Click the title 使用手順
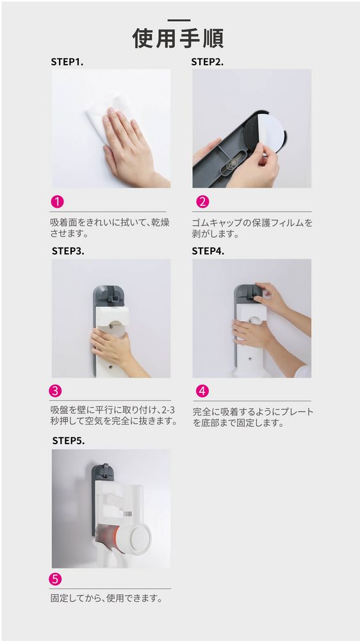point(178,38)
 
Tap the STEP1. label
point(67,62)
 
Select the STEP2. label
point(207,62)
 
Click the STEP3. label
point(68,251)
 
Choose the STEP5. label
point(68,441)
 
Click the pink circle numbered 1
point(58,202)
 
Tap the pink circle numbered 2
point(202,202)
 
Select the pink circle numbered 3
point(56,390)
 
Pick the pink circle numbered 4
point(202,391)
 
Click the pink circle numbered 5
point(56,579)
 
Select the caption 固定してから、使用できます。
point(106,599)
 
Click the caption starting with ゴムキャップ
point(252,228)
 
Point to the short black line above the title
point(178,21)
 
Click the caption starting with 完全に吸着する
point(252,417)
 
